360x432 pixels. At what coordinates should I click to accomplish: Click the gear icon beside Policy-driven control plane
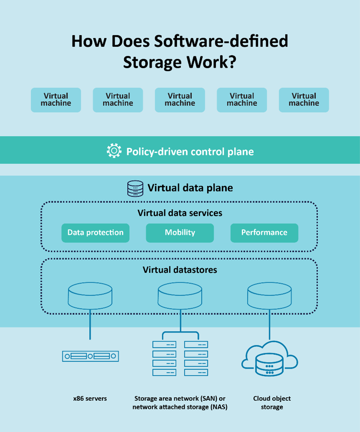[114, 151]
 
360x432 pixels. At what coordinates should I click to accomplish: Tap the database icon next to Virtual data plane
[135, 188]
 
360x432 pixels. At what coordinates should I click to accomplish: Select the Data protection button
[95, 233]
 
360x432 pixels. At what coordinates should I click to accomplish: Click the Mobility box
[180, 233]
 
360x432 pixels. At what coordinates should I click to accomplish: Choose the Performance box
[264, 233]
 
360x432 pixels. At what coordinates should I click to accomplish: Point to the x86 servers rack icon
[90, 356]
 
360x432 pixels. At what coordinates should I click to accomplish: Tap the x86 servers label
[90, 398]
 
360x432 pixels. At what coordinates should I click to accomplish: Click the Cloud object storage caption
[272, 403]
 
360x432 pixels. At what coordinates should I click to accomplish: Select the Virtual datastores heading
[180, 269]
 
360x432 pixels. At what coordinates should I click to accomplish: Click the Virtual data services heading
[180, 213]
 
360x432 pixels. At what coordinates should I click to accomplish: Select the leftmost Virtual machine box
[56, 100]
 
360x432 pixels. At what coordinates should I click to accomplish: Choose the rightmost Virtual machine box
[304, 100]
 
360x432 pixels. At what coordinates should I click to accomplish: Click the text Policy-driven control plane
[190, 151]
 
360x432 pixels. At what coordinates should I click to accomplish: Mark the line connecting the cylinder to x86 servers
[90, 326]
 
